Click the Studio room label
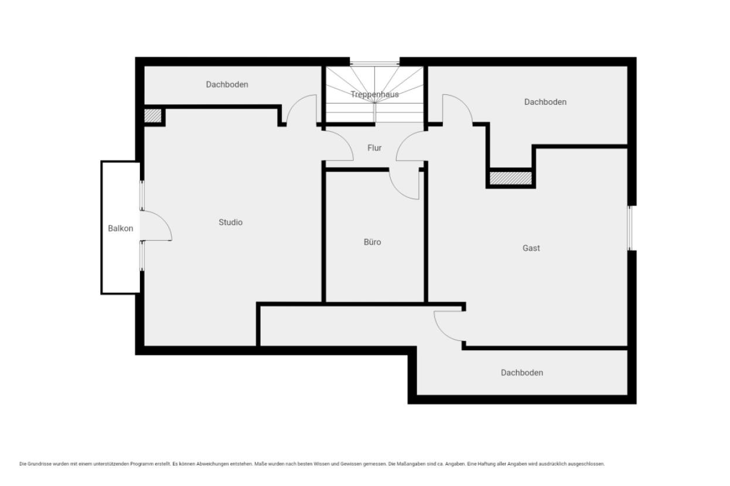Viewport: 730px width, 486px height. [230, 222]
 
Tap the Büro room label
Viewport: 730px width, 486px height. [372, 242]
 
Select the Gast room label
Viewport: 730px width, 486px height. [531, 248]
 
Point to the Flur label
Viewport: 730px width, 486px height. [374, 148]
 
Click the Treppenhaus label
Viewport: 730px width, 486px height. [375, 94]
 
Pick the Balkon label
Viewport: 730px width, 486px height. [121, 228]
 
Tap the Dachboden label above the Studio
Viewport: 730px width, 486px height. [227, 84]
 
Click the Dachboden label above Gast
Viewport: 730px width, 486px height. [545, 102]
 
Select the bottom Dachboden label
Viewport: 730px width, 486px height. [522, 372]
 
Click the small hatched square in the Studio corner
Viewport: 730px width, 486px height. [153, 115]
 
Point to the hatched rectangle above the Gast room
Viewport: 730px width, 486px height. [511, 178]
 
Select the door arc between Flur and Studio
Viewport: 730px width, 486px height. [346, 141]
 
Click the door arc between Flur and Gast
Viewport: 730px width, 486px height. [404, 141]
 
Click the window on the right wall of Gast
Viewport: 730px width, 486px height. [630, 228]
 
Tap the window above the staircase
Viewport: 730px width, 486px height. [375, 63]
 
